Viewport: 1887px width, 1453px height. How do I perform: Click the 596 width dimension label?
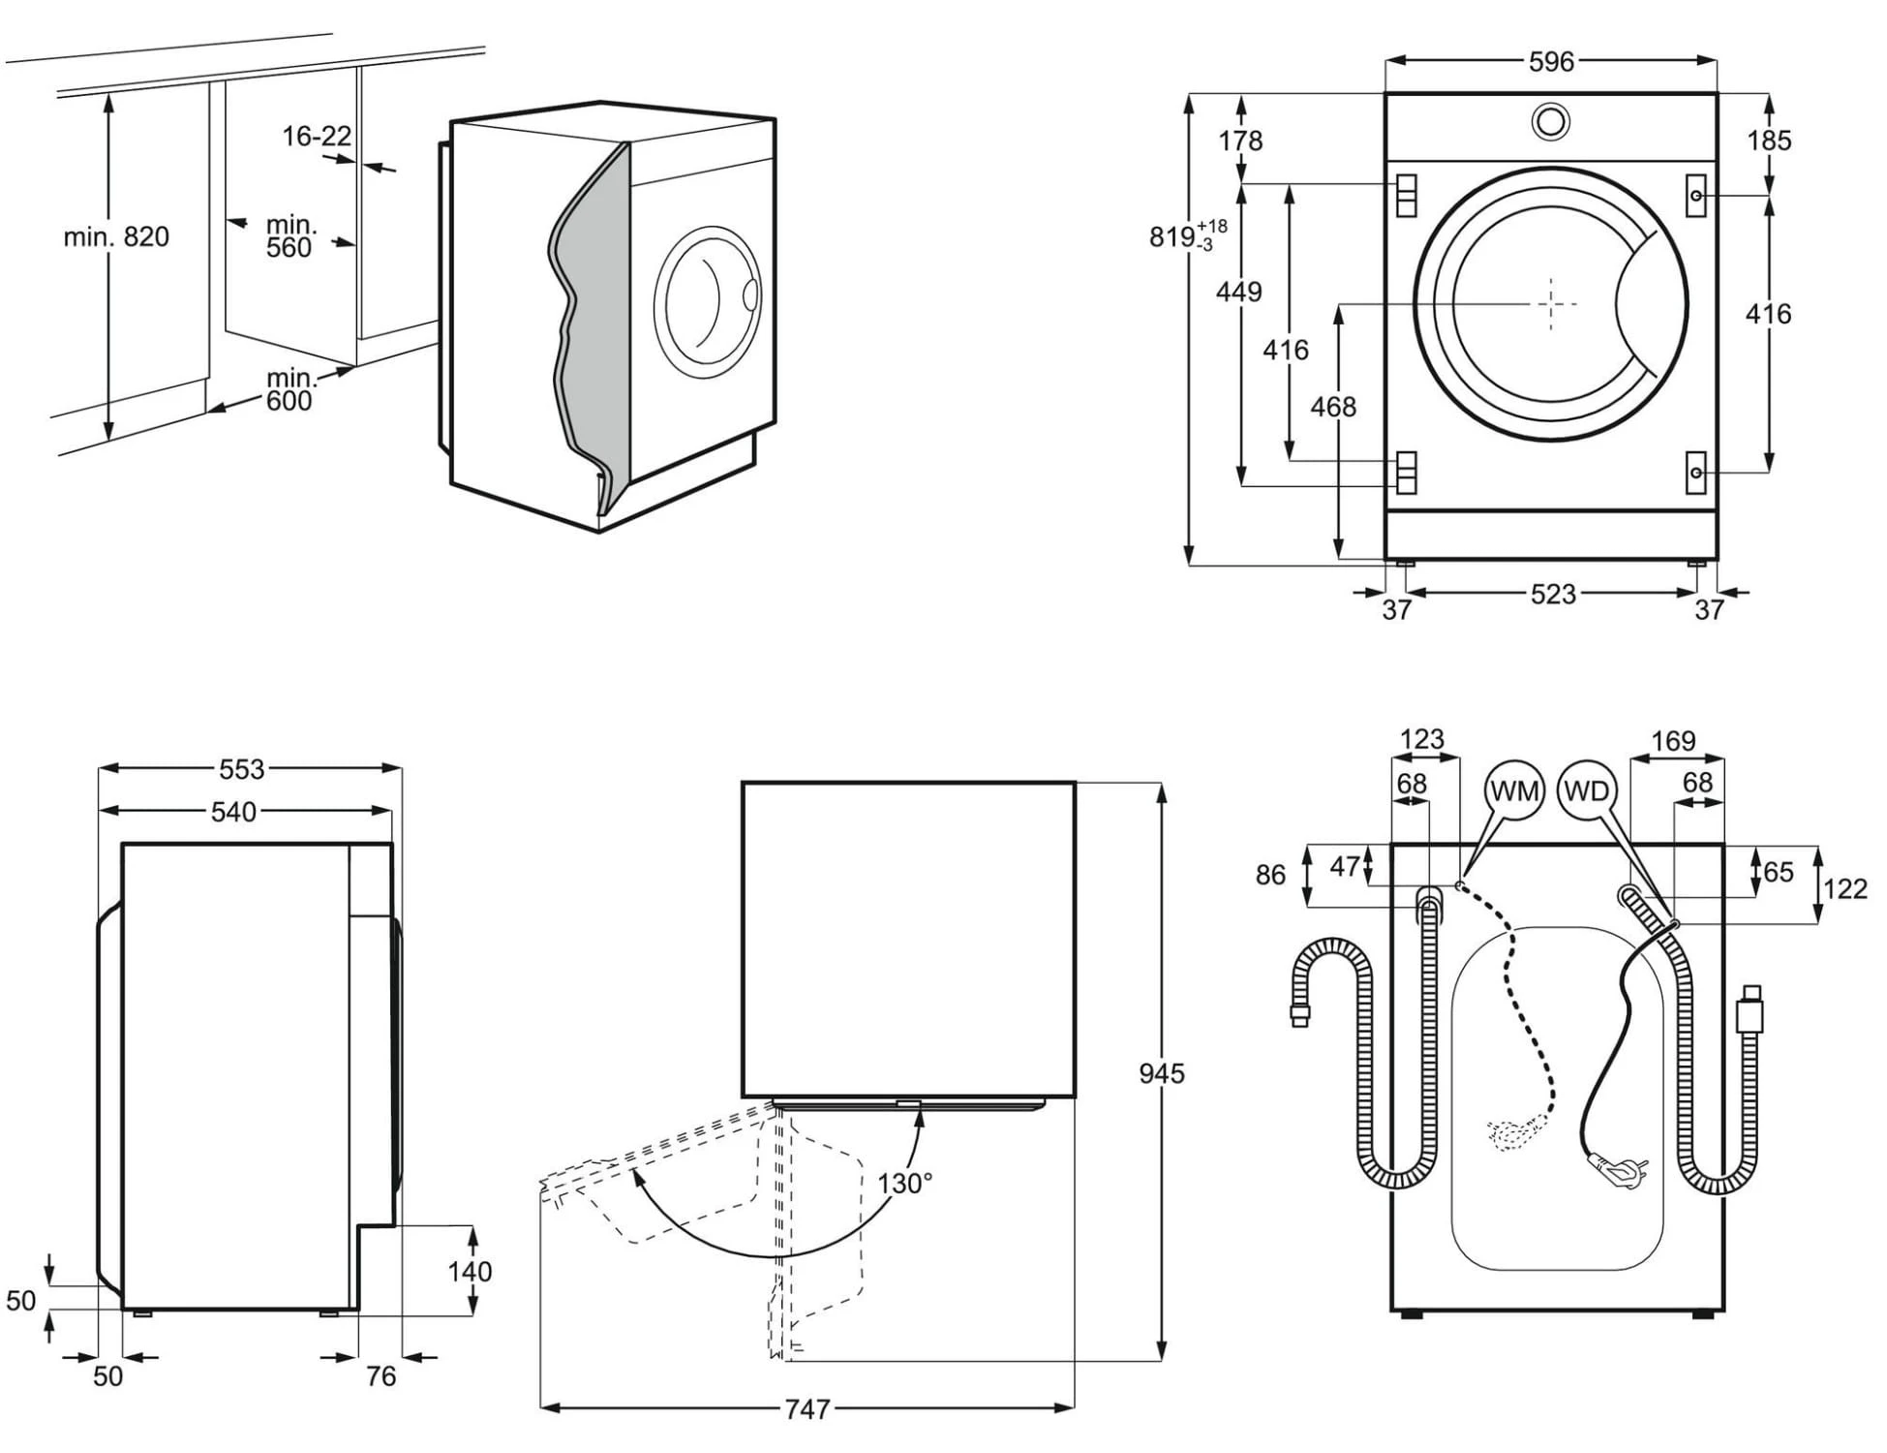1551,62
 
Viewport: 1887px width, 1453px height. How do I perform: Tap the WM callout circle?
1514,791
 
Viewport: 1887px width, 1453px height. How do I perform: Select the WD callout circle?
1586,791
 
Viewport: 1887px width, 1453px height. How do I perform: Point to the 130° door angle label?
904,1183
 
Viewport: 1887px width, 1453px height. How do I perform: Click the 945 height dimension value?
1161,1073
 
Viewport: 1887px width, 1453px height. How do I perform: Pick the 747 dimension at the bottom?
807,1408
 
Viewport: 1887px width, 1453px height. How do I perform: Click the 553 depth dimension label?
241,769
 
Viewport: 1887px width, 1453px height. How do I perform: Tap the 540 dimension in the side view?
233,812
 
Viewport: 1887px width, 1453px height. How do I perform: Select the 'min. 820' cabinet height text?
116,236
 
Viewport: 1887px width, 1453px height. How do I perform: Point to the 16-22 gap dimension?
317,137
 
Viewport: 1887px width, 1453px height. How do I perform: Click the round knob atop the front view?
1550,122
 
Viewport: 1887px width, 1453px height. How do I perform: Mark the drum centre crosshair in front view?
1551,304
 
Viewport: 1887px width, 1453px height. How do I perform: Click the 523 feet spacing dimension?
1552,594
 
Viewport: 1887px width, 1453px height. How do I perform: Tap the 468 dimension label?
1333,407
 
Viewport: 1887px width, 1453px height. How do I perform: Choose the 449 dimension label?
1239,291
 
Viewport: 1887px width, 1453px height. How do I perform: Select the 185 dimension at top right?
1769,140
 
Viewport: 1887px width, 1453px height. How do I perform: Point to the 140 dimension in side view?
470,1271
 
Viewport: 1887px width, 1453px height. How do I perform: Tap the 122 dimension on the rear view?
1844,888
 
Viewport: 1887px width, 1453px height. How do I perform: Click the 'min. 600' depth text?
289,388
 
